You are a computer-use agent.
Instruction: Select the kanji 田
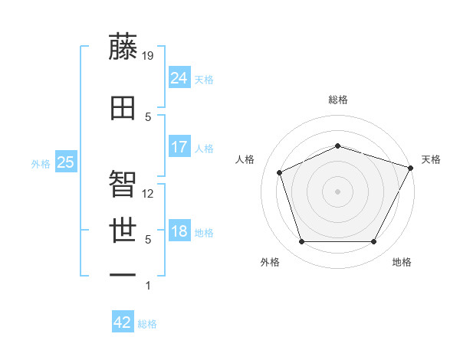(123, 108)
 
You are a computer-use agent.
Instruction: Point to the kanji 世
(123, 229)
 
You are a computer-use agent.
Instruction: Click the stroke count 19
(148, 55)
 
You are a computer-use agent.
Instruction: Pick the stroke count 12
(148, 194)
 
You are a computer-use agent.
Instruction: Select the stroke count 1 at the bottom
(148, 286)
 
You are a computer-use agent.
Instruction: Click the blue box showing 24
(179, 77)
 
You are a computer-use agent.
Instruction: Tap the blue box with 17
(179, 147)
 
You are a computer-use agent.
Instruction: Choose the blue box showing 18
(179, 231)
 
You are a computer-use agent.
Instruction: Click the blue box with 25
(65, 162)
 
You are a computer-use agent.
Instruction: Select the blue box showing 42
(122, 322)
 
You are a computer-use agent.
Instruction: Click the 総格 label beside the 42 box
(147, 324)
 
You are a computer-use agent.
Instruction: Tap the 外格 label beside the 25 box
(41, 163)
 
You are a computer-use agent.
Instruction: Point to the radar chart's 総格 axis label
(338, 100)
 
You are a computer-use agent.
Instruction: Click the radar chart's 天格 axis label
(431, 159)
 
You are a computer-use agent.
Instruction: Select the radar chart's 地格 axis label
(402, 262)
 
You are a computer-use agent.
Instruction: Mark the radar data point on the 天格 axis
(411, 168)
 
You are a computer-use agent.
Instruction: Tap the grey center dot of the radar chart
(337, 191)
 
